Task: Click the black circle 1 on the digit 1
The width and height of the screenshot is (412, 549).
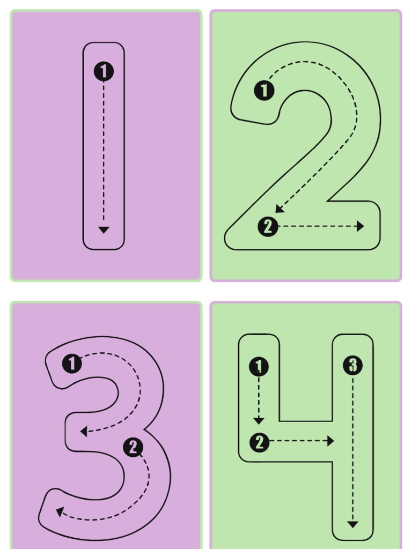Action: click(104, 71)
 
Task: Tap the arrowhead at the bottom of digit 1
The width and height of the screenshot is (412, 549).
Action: click(104, 229)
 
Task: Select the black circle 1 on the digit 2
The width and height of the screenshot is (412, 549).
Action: click(264, 91)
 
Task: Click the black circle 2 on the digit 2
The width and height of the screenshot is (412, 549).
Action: click(268, 227)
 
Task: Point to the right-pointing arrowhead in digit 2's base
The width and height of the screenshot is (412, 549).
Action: click(360, 226)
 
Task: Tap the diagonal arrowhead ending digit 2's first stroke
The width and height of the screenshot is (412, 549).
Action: click(278, 209)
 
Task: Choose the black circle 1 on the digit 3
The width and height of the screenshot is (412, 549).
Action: click(72, 363)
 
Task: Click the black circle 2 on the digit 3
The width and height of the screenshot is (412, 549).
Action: click(133, 447)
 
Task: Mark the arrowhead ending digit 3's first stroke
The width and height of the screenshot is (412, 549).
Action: click(83, 431)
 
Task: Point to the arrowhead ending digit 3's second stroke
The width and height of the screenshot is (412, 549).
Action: click(60, 512)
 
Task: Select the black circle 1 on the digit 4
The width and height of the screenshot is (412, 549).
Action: click(259, 367)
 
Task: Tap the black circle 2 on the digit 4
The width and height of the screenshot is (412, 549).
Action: click(259, 443)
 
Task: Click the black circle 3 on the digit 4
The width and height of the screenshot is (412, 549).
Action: click(352, 366)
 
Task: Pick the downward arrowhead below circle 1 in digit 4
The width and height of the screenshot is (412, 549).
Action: click(259, 421)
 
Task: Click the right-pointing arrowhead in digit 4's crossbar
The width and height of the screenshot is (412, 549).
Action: click(330, 441)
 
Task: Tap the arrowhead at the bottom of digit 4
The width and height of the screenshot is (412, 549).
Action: click(352, 524)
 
